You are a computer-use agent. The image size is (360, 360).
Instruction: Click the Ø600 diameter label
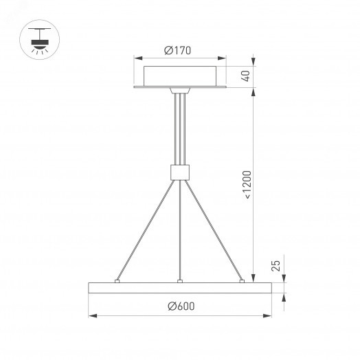pyautogui.click(x=180, y=306)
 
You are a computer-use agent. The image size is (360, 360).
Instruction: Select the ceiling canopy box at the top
pyautogui.click(x=180, y=74)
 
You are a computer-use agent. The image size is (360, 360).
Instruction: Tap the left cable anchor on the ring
pyautogui.click(x=117, y=280)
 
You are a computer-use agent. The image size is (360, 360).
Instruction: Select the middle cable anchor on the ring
pyautogui.click(x=179, y=280)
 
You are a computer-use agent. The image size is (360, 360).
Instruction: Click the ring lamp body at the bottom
pyautogui.click(x=179, y=289)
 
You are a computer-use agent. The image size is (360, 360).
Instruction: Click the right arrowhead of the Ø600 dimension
pyautogui.click(x=267, y=316)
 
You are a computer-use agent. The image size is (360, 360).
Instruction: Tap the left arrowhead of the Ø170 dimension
pyautogui.click(x=136, y=59)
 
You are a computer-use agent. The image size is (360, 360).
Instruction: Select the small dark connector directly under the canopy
pyautogui.click(x=179, y=90)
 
